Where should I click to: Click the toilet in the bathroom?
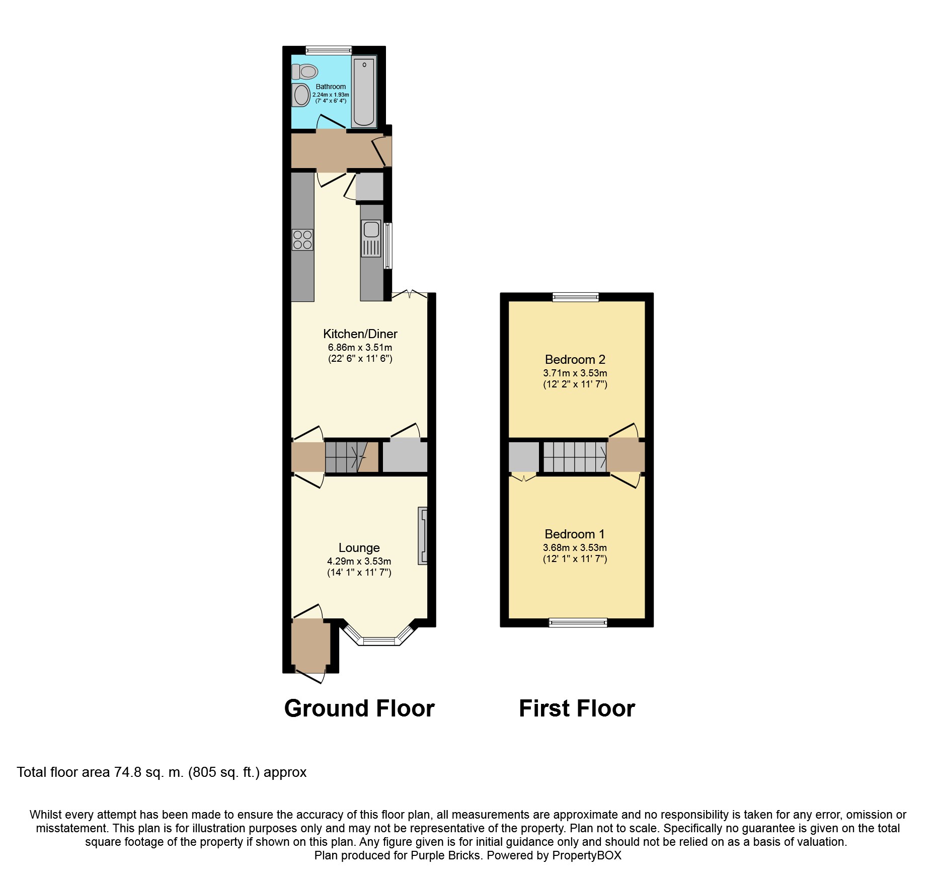pyautogui.click(x=305, y=72)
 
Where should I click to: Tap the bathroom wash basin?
pyautogui.click(x=301, y=95)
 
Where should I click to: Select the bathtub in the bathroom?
pyautogui.click(x=364, y=92)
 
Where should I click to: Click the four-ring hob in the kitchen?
pyautogui.click(x=302, y=240)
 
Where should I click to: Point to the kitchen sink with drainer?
pyautogui.click(x=371, y=238)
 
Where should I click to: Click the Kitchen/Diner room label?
pyautogui.click(x=360, y=334)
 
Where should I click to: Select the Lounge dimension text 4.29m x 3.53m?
pyautogui.click(x=359, y=561)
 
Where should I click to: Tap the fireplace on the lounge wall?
pyautogui.click(x=423, y=535)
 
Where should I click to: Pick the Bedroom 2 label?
pyautogui.click(x=575, y=359)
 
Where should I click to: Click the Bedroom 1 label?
pyautogui.click(x=574, y=534)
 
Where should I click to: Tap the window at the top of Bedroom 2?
pyautogui.click(x=576, y=297)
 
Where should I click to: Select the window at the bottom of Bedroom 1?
pyautogui.click(x=578, y=622)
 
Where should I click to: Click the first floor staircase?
pyautogui.click(x=574, y=457)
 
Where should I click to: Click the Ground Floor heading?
pyautogui.click(x=359, y=708)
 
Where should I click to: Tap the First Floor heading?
pyautogui.click(x=577, y=708)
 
